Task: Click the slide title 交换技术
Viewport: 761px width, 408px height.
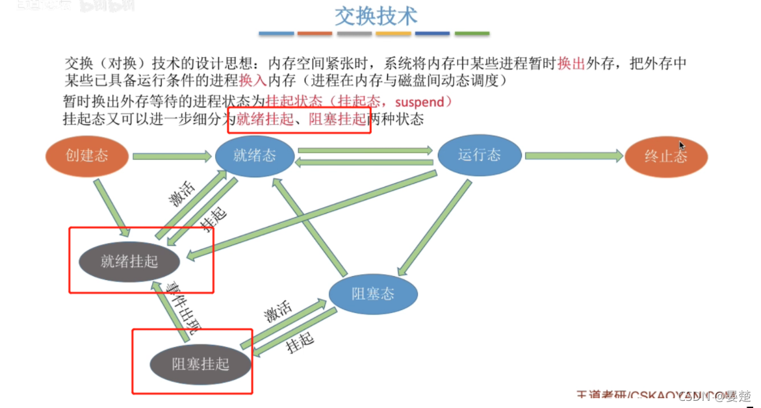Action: pyautogui.click(x=376, y=16)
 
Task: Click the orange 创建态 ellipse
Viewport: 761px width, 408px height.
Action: pyautogui.click(x=86, y=156)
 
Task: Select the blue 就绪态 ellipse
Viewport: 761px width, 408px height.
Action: pyautogui.click(x=255, y=156)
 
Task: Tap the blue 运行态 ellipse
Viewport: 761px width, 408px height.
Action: pyautogui.click(x=480, y=155)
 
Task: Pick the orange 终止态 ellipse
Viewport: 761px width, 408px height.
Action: pyautogui.click(x=666, y=157)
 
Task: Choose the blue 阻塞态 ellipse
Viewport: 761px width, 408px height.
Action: pyautogui.click(x=372, y=294)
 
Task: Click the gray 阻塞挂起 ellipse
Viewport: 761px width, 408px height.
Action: pyautogui.click(x=200, y=364)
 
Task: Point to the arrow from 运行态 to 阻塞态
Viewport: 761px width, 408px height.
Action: pyautogui.click(x=433, y=227)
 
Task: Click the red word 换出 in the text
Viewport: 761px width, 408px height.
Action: pyautogui.click(x=571, y=64)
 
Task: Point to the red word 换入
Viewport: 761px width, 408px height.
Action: pyautogui.click(x=252, y=81)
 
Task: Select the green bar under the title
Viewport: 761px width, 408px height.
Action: pyautogui.click(x=472, y=33)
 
